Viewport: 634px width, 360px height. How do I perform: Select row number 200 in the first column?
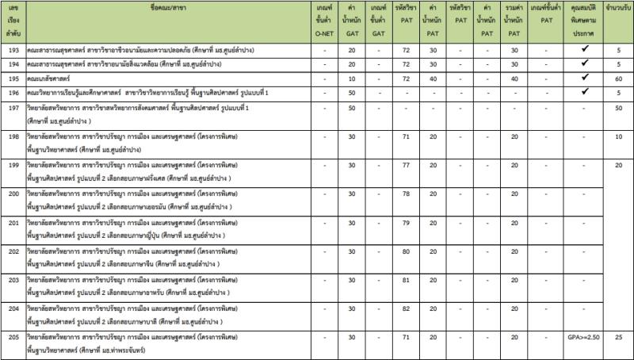pos(13,193)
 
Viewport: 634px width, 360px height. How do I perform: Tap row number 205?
pos(13,336)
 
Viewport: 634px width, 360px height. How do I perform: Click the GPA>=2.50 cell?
pos(583,336)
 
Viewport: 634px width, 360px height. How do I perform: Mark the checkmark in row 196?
pos(583,92)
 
